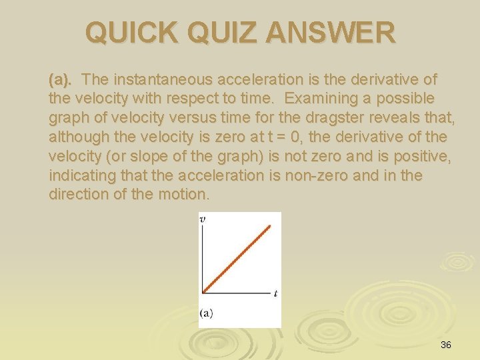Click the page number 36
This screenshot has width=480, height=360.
446,345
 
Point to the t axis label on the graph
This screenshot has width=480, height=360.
275,293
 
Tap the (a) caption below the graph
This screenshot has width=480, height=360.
206,313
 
